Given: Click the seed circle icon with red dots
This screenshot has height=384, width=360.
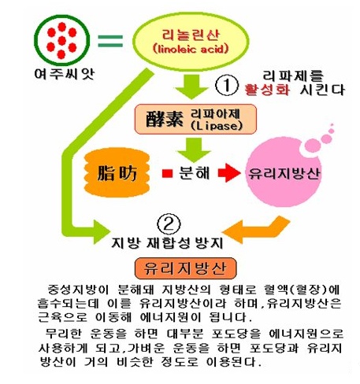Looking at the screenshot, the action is click(x=62, y=41).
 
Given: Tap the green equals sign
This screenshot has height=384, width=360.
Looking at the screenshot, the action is click(x=110, y=41).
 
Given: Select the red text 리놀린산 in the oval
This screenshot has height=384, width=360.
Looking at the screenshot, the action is click(x=191, y=35).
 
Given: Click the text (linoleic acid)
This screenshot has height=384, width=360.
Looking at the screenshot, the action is click(x=191, y=49).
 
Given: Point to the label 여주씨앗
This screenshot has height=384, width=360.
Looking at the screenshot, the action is click(x=65, y=74).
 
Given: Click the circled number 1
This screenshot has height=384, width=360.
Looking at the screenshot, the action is click(x=227, y=85).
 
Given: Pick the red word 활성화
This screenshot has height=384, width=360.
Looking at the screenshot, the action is click(x=267, y=90).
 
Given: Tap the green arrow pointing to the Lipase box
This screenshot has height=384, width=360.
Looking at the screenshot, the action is click(x=191, y=87).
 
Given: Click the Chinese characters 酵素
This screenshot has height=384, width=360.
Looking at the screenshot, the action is click(x=165, y=120).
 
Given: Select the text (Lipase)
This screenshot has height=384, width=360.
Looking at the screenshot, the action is click(x=217, y=126).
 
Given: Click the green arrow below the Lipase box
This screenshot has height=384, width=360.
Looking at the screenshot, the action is click(x=194, y=150).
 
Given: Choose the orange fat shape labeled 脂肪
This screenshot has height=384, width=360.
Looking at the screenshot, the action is click(x=117, y=172).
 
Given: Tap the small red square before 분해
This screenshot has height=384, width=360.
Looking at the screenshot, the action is click(x=167, y=173).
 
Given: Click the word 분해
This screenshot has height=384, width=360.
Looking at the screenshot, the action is click(x=195, y=173).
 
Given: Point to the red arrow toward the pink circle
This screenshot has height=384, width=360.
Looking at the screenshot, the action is click(x=229, y=173).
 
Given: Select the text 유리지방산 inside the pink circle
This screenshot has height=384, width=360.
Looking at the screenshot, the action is click(x=284, y=174).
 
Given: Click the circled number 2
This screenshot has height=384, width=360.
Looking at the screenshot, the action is click(x=169, y=225).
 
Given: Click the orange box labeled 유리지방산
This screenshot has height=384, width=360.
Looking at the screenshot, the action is click(x=186, y=268).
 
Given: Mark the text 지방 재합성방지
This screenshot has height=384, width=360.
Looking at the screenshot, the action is click(x=167, y=242).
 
